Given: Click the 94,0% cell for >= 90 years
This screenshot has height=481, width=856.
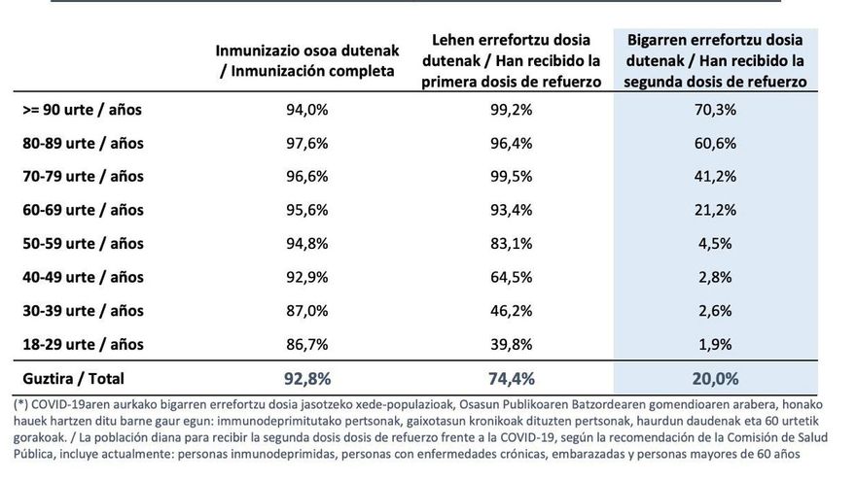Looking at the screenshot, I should pyautogui.click(x=306, y=110).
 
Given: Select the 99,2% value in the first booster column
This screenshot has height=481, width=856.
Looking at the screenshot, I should pyautogui.click(x=512, y=110).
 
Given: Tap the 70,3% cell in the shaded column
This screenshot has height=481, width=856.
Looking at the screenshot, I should pyautogui.click(x=716, y=110).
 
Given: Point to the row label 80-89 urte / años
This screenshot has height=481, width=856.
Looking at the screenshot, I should pyautogui.click(x=83, y=143).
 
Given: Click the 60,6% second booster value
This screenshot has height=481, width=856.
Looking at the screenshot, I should pyautogui.click(x=716, y=143).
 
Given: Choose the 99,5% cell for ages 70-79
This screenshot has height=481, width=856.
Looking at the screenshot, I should pyautogui.click(x=512, y=177).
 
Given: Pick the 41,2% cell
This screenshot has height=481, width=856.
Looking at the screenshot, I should pyautogui.click(x=716, y=177).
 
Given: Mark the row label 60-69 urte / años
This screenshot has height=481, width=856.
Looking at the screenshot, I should pyautogui.click(x=83, y=210).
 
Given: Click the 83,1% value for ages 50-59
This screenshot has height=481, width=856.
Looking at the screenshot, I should pyautogui.click(x=512, y=244).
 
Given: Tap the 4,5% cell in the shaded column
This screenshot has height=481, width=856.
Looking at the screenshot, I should pyautogui.click(x=716, y=244).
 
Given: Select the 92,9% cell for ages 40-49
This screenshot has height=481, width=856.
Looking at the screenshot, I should pyautogui.click(x=306, y=277).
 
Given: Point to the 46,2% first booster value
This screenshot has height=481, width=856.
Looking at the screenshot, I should pyautogui.click(x=512, y=311).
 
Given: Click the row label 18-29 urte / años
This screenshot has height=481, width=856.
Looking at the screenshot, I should pyautogui.click(x=83, y=344).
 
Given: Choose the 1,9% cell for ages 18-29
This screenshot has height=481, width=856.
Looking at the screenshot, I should pyautogui.click(x=716, y=344).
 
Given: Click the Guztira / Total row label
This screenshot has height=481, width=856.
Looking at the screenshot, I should pyautogui.click(x=73, y=378).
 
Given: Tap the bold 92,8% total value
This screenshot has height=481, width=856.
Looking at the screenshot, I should pyautogui.click(x=306, y=378).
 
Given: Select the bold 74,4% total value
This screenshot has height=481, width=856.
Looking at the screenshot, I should pyautogui.click(x=512, y=378).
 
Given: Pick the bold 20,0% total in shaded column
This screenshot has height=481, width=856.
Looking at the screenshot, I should pyautogui.click(x=716, y=378).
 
